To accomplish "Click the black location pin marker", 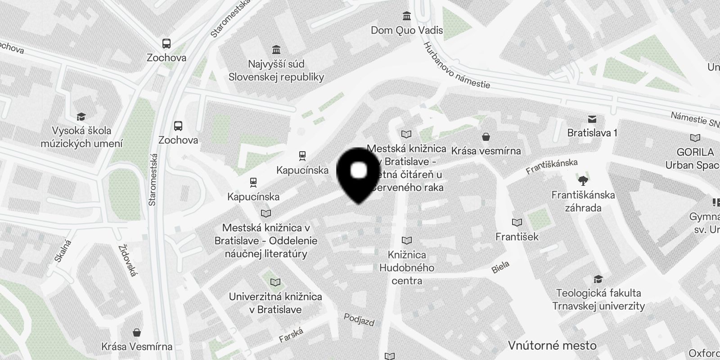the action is pos(359,173).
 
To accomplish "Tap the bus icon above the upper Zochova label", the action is pos(166,44).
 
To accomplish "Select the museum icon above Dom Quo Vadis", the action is pos(407,16).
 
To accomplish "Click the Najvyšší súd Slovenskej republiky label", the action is pos(276,70).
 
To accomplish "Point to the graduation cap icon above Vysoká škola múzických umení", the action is pos(81,117).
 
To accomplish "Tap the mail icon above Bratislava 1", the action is pos(592,119).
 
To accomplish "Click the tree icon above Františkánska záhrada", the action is pos(583,181).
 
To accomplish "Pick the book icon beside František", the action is pos(517,222).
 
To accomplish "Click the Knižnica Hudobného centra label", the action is pos(407,268).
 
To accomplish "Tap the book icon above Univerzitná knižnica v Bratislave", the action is pos(275,282).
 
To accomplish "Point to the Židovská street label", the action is pos(127,260).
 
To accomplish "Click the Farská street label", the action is pos(291,335).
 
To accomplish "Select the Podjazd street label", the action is pos(359,319).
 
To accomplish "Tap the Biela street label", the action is pos(500,267).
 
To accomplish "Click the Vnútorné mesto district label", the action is pos(552,346).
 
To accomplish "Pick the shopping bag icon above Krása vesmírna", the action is pos(486,136).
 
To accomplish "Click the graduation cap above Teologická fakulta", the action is pos(598,279).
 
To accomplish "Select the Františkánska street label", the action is pos(551,166).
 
